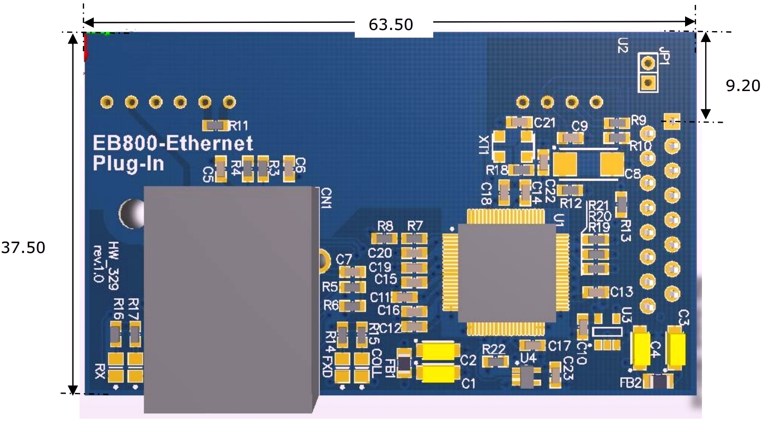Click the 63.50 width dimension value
pos(391,25)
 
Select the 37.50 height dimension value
pos(23,248)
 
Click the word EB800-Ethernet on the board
pos(173,144)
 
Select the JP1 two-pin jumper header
pos(647,73)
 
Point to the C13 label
pos(622,292)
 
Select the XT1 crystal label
pos(483,146)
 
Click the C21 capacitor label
pos(544,123)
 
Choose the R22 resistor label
pos(494,349)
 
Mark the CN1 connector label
pos(326,198)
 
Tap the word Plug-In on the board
pos(129,164)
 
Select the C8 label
pos(632,174)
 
